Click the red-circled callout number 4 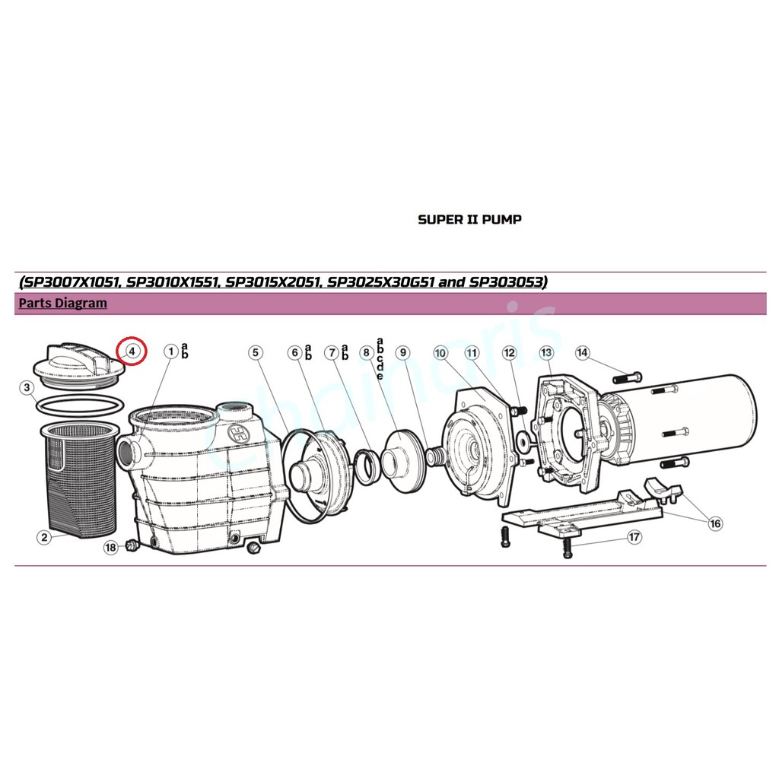pyautogui.click(x=132, y=351)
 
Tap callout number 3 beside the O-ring pyautogui.click(x=27, y=387)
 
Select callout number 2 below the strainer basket pyautogui.click(x=44, y=537)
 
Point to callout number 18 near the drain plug pyautogui.click(x=110, y=548)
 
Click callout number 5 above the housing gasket pyautogui.click(x=256, y=353)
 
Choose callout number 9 pyautogui.click(x=403, y=353)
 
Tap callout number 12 pyautogui.click(x=509, y=353)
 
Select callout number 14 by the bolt pyautogui.click(x=582, y=353)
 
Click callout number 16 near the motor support pyautogui.click(x=715, y=523)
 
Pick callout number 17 pyautogui.click(x=634, y=537)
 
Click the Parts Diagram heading pyautogui.click(x=62, y=303)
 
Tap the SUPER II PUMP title pyautogui.click(x=469, y=219)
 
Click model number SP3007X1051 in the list pyautogui.click(x=70, y=282)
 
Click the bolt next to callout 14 pyautogui.click(x=628, y=377)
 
